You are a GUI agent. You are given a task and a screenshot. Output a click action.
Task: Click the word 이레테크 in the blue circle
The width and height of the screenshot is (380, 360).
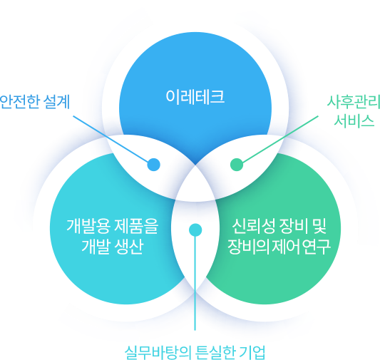195,97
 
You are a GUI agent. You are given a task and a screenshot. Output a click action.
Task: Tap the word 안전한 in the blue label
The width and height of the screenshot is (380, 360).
19,102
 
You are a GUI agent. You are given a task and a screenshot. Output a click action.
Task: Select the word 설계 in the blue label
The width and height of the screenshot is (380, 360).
57,102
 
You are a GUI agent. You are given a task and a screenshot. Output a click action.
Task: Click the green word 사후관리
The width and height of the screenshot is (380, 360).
354,102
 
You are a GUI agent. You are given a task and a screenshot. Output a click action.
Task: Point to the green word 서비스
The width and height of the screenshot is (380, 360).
354,120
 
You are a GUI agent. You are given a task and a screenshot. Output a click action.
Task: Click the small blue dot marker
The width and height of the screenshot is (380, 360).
154,165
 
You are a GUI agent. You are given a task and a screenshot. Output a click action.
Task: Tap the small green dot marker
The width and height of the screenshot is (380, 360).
237,165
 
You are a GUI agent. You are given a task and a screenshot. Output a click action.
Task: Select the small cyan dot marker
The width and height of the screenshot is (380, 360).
195,230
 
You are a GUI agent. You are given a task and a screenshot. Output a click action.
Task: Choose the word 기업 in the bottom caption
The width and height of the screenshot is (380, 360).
252,352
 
